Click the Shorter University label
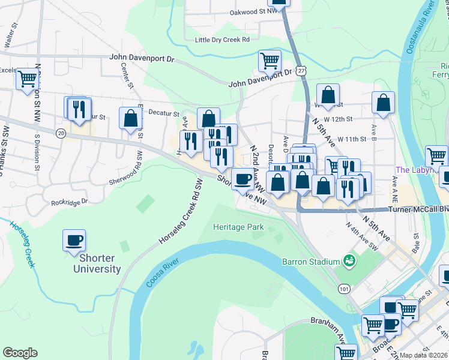[97, 263]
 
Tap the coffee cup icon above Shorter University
[74, 240]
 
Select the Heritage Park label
[238, 227]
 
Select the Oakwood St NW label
[254, 11]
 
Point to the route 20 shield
[61, 133]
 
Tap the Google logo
[20, 353]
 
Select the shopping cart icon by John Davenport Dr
[270, 60]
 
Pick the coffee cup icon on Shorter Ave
[243, 178]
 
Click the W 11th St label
[352, 139]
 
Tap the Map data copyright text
[423, 355]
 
